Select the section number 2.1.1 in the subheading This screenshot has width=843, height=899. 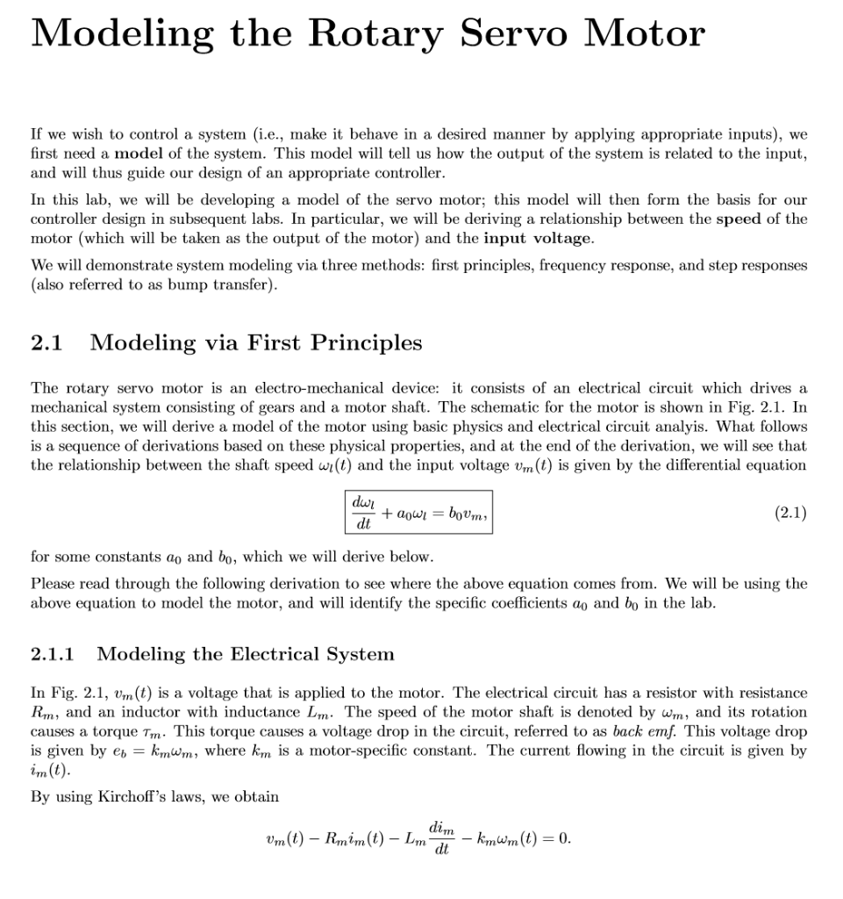(53, 654)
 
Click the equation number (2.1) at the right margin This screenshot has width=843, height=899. (790, 513)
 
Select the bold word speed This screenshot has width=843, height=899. (738, 219)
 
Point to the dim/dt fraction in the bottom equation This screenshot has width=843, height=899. (442, 838)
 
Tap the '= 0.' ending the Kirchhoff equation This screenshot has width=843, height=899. (553, 838)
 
